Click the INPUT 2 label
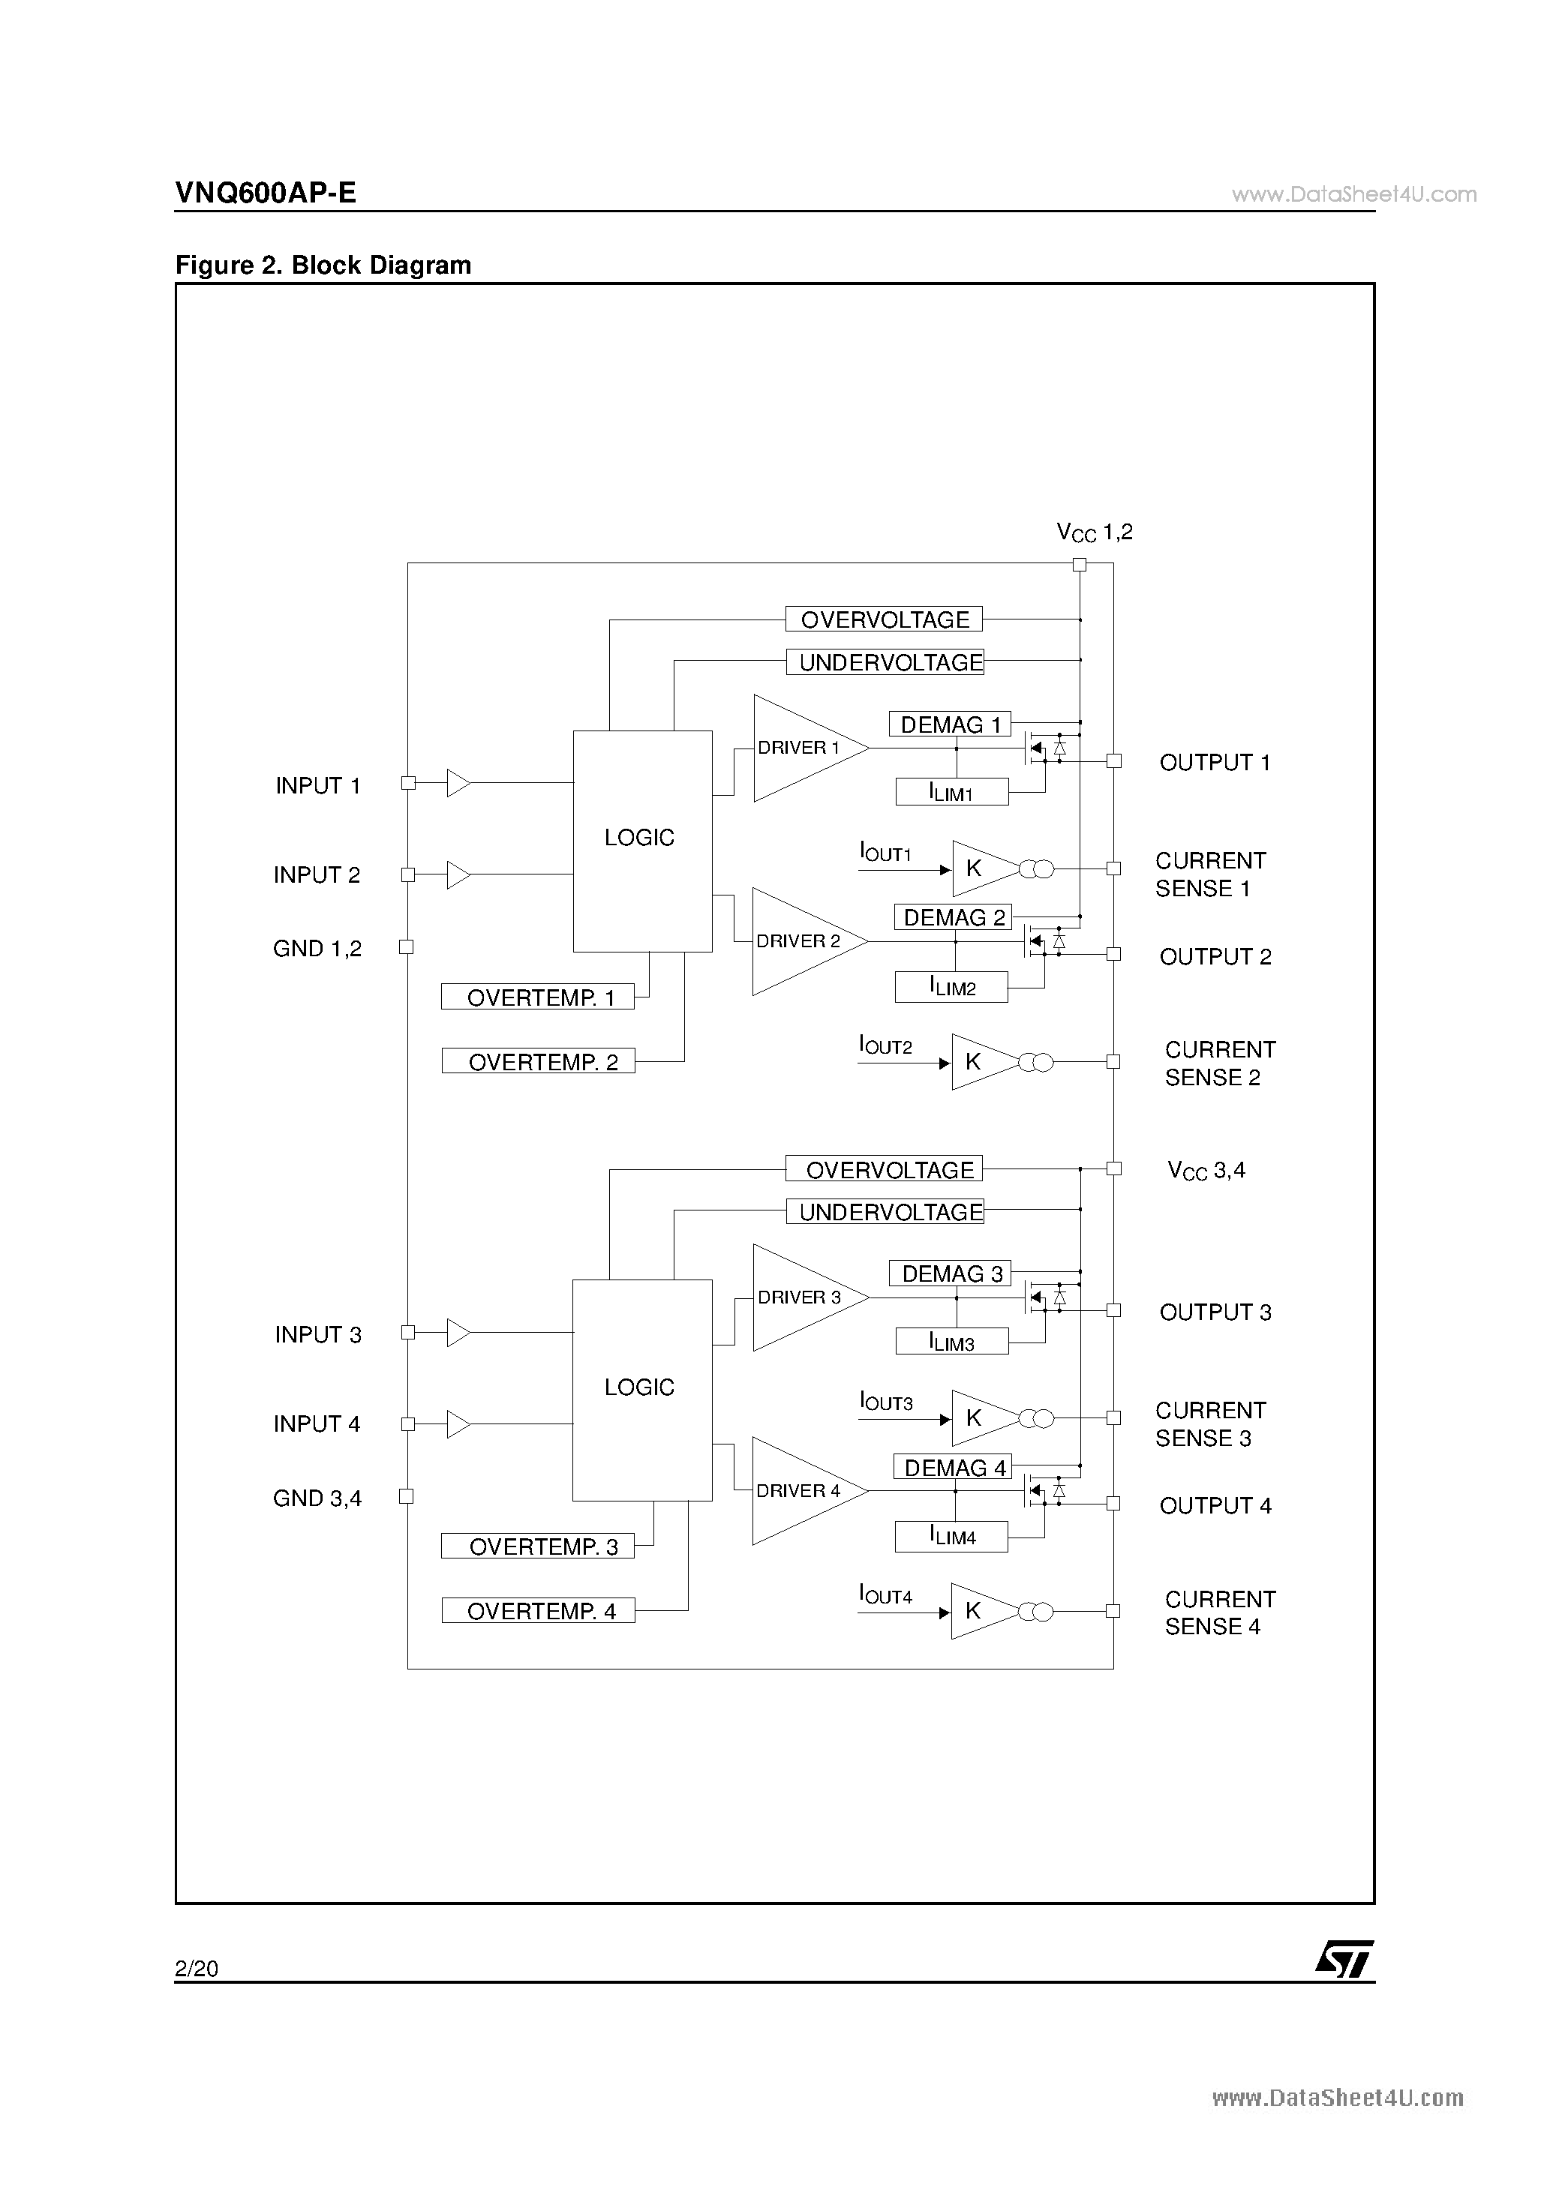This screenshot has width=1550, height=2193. [317, 875]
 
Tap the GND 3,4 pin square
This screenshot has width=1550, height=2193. [406, 1497]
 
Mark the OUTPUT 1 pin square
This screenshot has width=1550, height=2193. [1113, 760]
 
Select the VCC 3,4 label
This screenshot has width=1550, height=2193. [1206, 1171]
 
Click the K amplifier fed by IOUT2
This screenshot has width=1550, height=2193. [985, 1062]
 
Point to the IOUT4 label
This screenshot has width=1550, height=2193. [885, 1594]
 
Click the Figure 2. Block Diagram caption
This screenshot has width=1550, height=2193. [323, 265]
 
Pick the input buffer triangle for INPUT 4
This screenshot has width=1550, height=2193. [458, 1424]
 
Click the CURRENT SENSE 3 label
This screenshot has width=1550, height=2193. [1211, 1424]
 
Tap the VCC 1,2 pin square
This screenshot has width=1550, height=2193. [1080, 565]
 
